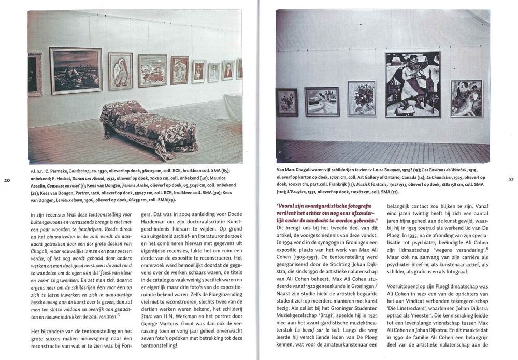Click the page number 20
pyautogui.click(x=7, y=180)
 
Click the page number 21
pyautogui.click(x=511, y=179)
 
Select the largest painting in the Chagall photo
pyautogui.click(x=412, y=84)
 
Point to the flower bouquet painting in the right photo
pyautogui.click(x=362, y=98)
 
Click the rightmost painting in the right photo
pyautogui.click(x=466, y=98)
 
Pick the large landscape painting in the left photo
pyautogui.click(x=76, y=70)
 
